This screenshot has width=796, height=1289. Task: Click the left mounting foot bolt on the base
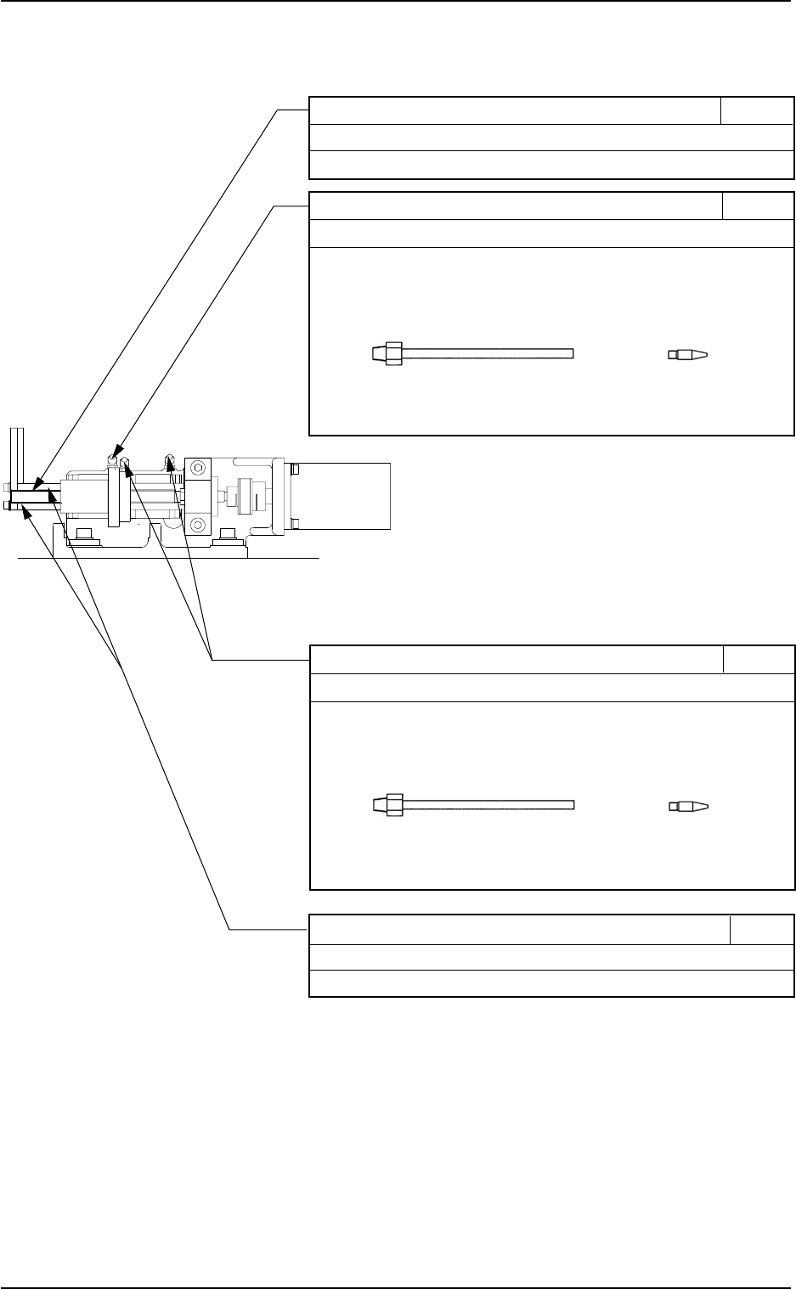click(x=83, y=532)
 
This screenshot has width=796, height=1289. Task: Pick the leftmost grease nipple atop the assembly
click(x=111, y=459)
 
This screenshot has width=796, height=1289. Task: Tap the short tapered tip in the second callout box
click(x=688, y=354)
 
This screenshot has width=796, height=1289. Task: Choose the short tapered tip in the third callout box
click(x=688, y=805)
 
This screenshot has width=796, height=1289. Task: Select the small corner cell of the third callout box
click(x=759, y=659)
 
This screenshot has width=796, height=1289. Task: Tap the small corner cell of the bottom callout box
click(x=762, y=930)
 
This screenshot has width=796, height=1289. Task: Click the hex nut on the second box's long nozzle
click(x=392, y=353)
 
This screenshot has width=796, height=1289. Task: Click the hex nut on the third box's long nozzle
click(x=393, y=804)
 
